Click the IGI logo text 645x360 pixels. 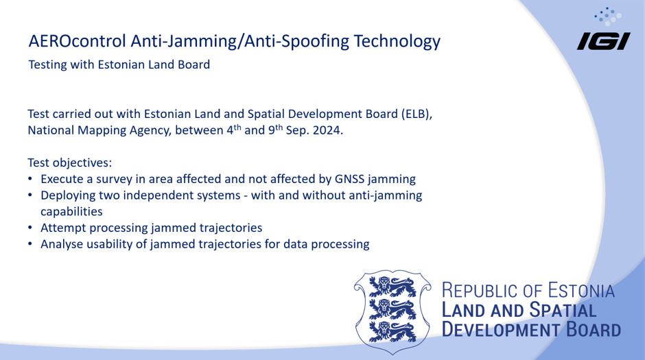pos(603,42)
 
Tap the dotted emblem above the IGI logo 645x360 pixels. pos(608,16)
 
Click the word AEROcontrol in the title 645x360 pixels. pos(78,41)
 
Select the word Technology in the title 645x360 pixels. pos(397,42)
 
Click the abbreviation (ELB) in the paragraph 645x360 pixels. pos(417,114)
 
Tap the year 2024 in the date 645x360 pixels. pos(328,130)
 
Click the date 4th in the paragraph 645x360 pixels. pos(234,130)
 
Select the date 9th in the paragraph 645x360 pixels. pos(276,130)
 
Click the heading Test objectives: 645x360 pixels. pos(69,163)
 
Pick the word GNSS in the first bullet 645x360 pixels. pos(349,179)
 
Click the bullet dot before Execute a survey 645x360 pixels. pos(30,179)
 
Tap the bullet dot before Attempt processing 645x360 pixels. pos(30,228)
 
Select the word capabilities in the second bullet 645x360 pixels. pos(71,212)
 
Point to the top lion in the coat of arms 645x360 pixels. pos(392,287)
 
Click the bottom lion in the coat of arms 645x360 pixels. pos(392,332)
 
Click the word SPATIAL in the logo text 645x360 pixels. pos(563,310)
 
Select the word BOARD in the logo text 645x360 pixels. pos(594,330)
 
